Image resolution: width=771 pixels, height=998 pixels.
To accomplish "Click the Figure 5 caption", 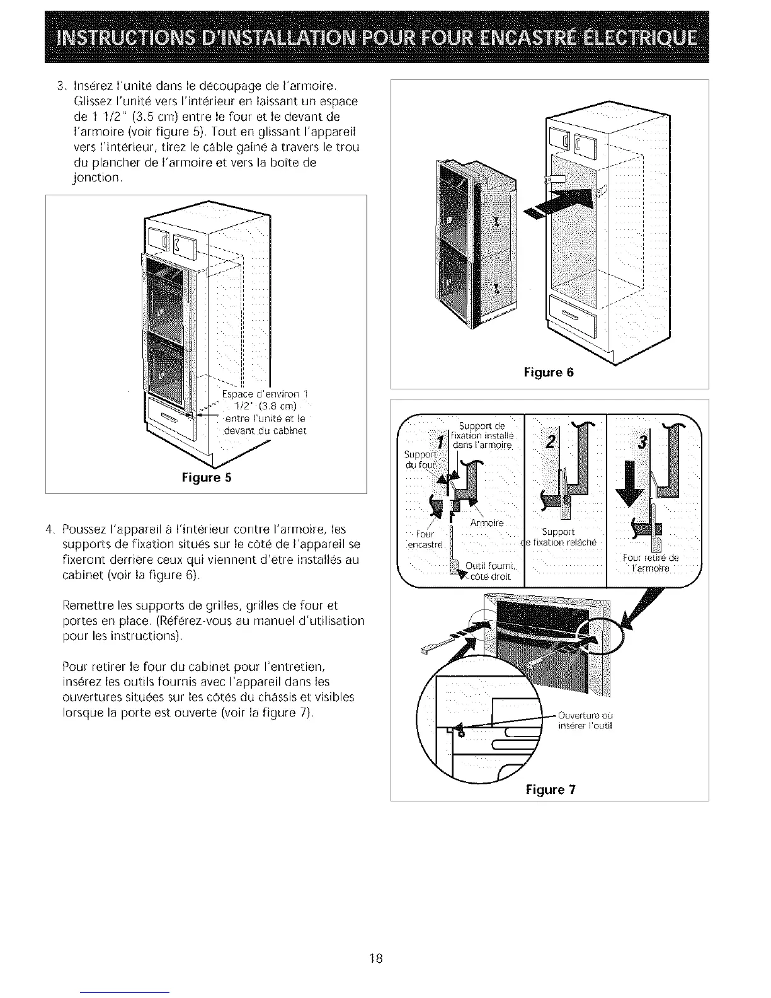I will (206, 478).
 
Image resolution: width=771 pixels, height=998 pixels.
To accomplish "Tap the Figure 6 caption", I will (549, 372).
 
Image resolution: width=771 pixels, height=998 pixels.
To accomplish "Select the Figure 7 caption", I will (551, 789).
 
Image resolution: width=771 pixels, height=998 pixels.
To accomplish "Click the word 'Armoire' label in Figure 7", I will (487, 523).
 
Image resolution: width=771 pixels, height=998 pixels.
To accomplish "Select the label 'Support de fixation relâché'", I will (559, 537).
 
